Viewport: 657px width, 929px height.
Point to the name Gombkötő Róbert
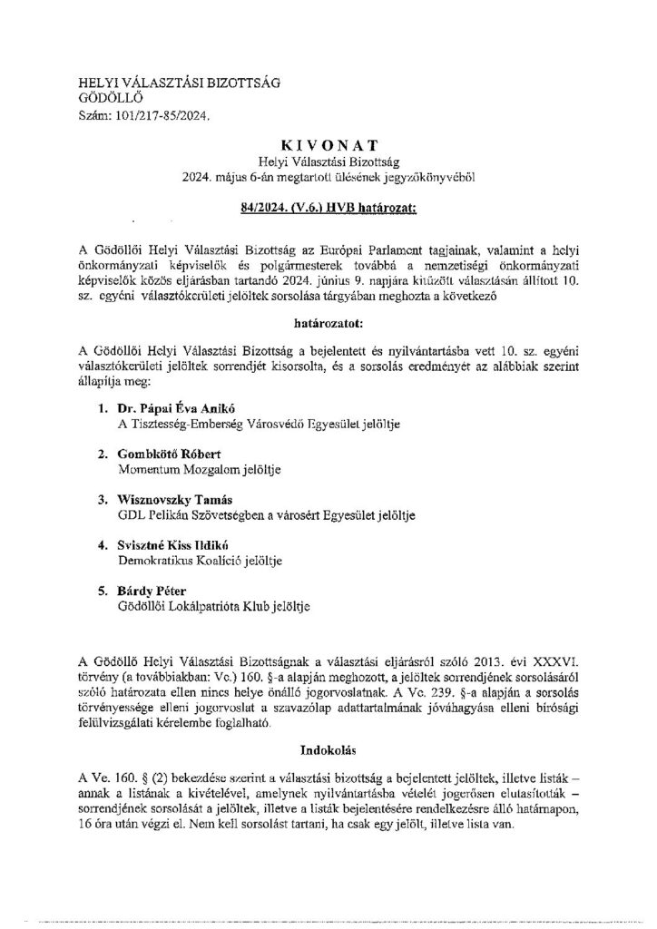[165, 454]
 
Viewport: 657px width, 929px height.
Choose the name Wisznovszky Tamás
[176, 500]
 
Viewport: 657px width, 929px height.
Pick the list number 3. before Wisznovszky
[103, 500]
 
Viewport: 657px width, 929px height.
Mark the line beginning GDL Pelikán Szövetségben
[267, 516]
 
